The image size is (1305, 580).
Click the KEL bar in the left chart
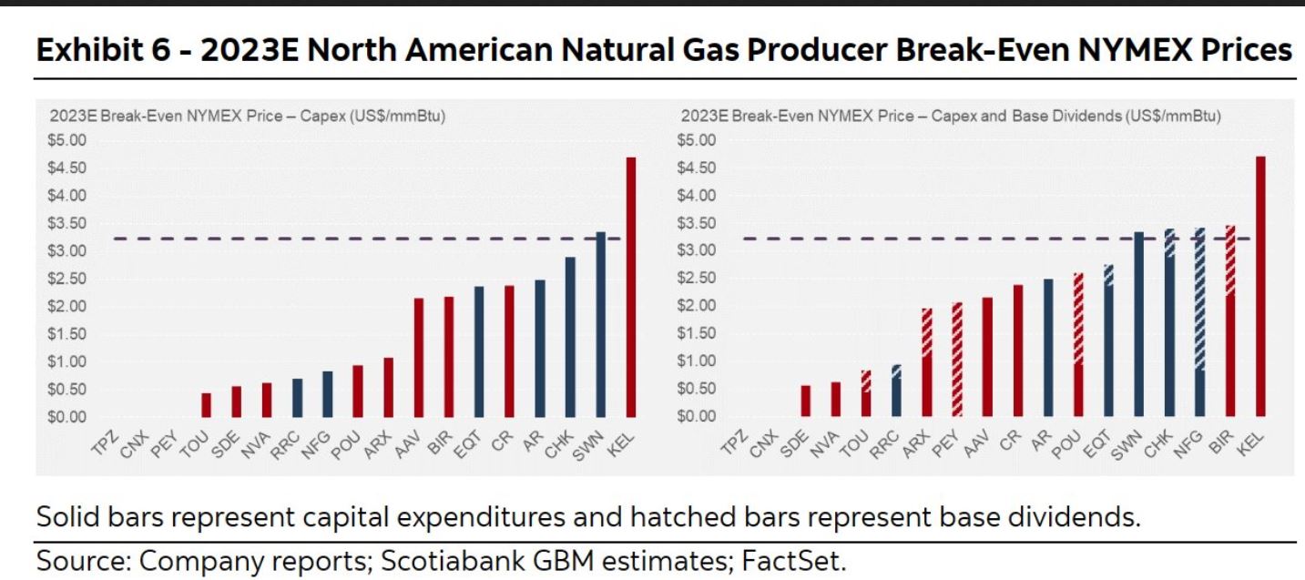tap(630, 287)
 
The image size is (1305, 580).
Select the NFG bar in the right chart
tap(1199, 322)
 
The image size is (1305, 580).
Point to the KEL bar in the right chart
tap(1260, 286)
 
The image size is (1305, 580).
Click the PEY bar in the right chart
tap(957, 360)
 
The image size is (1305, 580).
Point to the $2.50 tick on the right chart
tap(698, 279)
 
